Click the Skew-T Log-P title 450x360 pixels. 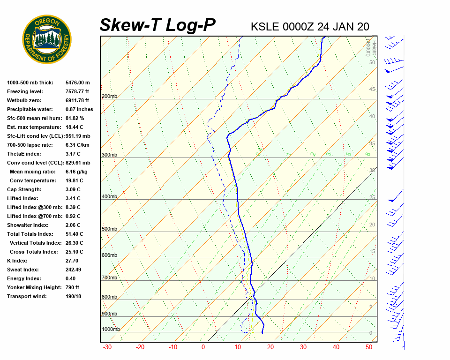[x=157, y=25]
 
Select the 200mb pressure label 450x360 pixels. [x=109, y=97]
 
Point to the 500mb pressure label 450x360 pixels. [x=109, y=229]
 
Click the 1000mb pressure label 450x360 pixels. [x=111, y=330]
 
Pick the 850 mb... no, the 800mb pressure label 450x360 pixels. [x=109, y=297]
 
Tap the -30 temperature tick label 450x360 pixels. [x=107, y=347]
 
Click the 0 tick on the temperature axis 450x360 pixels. [x=203, y=347]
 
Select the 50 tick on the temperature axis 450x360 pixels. [x=369, y=347]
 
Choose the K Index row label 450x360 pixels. [x=17, y=261]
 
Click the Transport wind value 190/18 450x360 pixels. [x=74, y=296]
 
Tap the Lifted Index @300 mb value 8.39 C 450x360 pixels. [x=73, y=207]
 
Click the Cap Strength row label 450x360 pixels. [x=24, y=189]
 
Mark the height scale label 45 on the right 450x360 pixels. [x=372, y=90]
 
